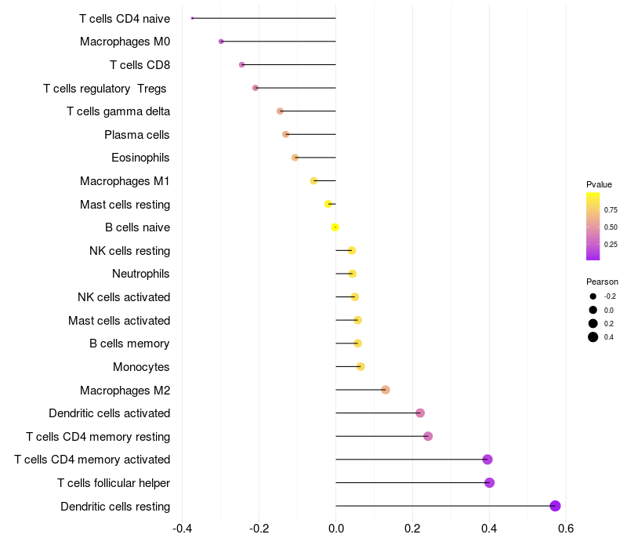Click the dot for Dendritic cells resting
[x=556, y=506]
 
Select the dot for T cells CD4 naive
[x=193, y=18]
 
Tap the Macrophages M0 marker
[x=221, y=42]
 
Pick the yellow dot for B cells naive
[x=335, y=227]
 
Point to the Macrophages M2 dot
[x=386, y=390]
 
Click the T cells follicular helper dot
[x=490, y=482]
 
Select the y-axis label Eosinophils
[x=140, y=158]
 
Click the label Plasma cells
[x=137, y=135]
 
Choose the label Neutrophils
[x=141, y=274]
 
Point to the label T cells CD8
[x=140, y=65]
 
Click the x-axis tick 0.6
[x=566, y=529]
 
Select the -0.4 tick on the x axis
[x=182, y=529]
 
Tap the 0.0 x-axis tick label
[x=335, y=529]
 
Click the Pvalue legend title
[x=599, y=184]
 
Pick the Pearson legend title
[x=602, y=282]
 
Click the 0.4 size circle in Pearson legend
[x=593, y=337]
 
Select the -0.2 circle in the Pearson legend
[x=593, y=296]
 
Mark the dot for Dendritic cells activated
[x=420, y=413]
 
